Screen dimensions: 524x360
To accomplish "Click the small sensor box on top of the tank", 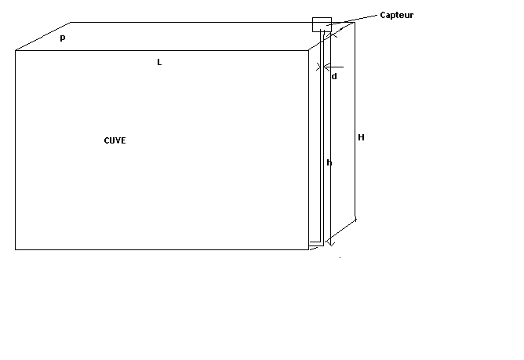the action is click(x=322, y=24).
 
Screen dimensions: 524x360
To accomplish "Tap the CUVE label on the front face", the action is click(x=115, y=140).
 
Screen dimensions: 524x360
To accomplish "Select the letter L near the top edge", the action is click(x=159, y=61).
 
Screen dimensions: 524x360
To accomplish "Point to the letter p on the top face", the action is click(x=63, y=38).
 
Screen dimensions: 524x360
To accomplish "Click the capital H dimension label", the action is click(x=361, y=137).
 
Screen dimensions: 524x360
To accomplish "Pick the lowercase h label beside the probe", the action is click(x=329, y=162).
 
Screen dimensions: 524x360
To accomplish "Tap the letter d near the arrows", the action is click(x=334, y=76).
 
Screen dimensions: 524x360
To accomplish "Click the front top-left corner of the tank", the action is click(x=16, y=51).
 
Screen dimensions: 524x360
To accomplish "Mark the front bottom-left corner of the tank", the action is click(x=16, y=249).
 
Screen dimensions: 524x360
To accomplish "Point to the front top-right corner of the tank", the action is click(x=308, y=51).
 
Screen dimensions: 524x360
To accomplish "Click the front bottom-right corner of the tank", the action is click(x=308, y=249).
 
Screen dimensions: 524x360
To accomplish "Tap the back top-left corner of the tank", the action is click(x=72, y=23).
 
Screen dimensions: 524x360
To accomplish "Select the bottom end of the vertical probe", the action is click(x=322, y=242).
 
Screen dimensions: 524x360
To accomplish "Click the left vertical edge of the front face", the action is click(x=16, y=149).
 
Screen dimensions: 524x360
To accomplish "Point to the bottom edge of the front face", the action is click(x=157, y=249).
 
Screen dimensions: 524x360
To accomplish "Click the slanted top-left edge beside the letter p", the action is click(x=43, y=37).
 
